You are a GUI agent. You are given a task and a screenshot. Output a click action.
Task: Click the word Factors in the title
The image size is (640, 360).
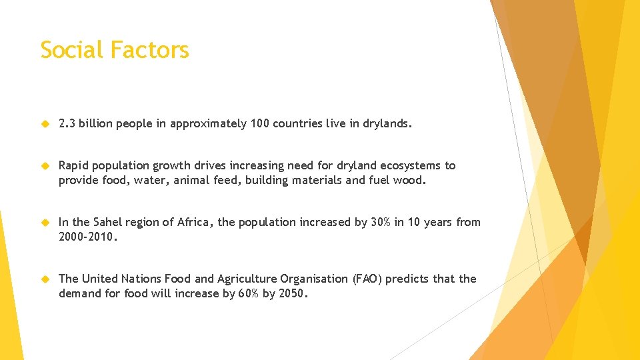[x=150, y=50]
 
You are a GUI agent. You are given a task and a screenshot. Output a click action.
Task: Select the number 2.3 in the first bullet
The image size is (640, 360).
[x=67, y=123]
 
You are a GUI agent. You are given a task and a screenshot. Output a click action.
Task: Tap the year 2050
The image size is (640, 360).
[x=293, y=293]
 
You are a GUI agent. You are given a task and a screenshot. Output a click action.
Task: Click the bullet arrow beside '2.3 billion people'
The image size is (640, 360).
[x=45, y=123]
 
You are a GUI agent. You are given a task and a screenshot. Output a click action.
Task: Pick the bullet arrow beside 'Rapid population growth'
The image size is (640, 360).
[x=45, y=165]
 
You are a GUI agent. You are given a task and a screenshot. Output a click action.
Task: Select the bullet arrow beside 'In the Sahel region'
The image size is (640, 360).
[x=45, y=222]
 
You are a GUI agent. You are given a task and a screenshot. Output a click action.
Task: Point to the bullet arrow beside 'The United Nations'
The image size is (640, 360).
[x=45, y=279]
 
